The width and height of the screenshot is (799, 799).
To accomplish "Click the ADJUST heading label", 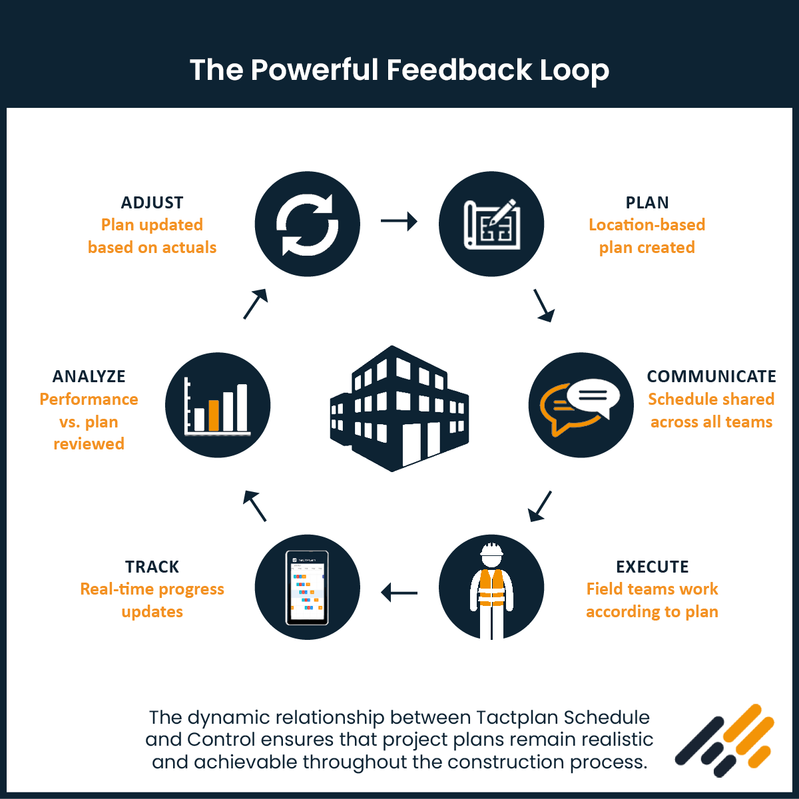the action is click(152, 202).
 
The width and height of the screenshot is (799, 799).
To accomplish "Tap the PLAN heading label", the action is click(647, 202).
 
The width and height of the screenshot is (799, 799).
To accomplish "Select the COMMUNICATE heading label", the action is click(711, 376).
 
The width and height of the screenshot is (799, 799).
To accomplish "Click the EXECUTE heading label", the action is click(652, 567).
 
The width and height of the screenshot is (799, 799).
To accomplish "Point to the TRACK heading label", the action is click(152, 567).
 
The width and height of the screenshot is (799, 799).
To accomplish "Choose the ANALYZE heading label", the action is click(89, 376).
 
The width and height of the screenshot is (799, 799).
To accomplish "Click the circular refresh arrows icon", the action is click(308, 224).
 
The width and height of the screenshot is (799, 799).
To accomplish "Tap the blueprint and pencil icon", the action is click(491, 224).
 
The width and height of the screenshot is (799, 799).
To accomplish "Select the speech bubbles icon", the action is click(581, 405).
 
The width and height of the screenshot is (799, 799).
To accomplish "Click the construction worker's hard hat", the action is click(491, 551).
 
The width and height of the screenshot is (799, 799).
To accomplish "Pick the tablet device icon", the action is click(307, 587).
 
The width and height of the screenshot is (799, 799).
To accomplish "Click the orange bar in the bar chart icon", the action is click(214, 415).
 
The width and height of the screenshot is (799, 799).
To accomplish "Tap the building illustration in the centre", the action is click(399, 408).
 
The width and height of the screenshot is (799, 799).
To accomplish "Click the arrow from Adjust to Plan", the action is click(399, 220).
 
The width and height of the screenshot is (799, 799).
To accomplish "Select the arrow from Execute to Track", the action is click(399, 592).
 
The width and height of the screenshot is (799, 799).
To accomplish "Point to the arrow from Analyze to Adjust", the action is click(255, 304).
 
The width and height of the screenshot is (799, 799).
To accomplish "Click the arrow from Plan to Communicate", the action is click(544, 305).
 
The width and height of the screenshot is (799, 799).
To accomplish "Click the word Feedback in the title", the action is click(459, 70).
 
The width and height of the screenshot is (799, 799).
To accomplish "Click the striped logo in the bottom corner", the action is click(725, 740).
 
